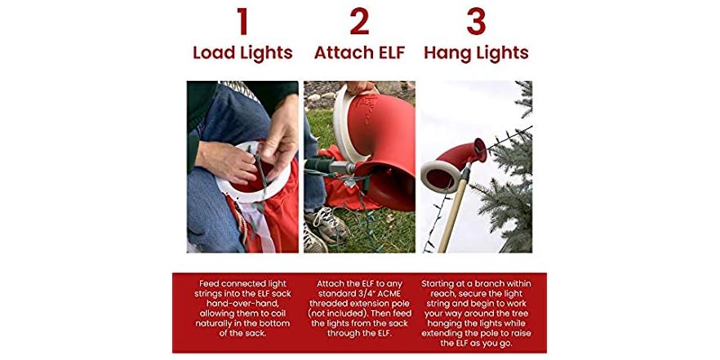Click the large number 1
[242, 22]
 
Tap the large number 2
[359, 22]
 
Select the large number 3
[476, 22]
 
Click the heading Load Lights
[242, 53]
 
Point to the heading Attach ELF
[359, 53]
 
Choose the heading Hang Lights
[476, 53]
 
